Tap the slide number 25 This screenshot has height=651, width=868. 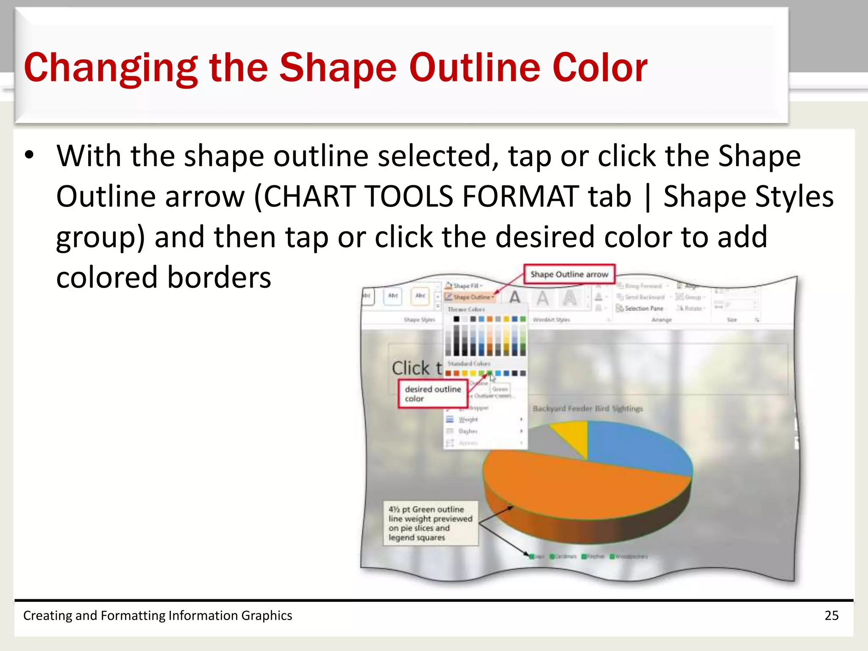[831, 615]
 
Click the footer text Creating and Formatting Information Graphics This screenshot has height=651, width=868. [157, 615]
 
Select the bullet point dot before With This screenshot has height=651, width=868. [29, 155]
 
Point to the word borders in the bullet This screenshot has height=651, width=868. [219, 278]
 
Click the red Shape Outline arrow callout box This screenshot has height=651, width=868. [569, 275]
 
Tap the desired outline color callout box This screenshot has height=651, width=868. [432, 394]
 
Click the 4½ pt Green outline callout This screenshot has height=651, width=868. [430, 523]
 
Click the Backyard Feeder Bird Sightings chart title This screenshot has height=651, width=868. [587, 409]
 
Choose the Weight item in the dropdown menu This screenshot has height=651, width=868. [468, 419]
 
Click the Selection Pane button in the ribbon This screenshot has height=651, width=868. [643, 309]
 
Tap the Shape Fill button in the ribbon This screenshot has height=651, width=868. [465, 286]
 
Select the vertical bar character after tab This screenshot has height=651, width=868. [647, 198]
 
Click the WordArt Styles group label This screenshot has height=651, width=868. [551, 320]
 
